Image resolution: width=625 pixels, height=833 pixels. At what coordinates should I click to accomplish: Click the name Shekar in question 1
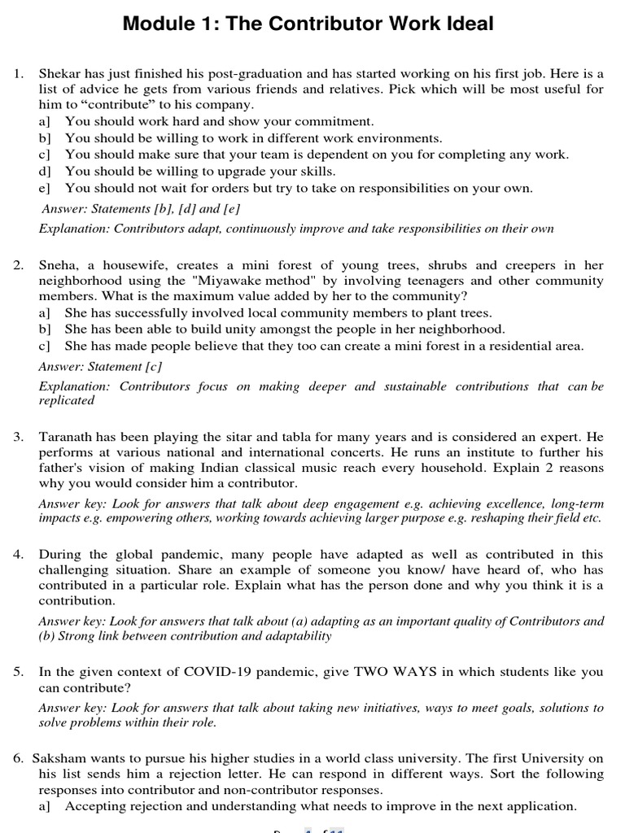pos(59,73)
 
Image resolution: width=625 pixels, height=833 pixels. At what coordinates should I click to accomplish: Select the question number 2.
pos(18,265)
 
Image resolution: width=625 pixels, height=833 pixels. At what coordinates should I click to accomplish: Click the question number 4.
pos(18,555)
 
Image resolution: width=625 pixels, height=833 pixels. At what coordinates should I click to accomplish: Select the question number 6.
pos(18,758)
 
